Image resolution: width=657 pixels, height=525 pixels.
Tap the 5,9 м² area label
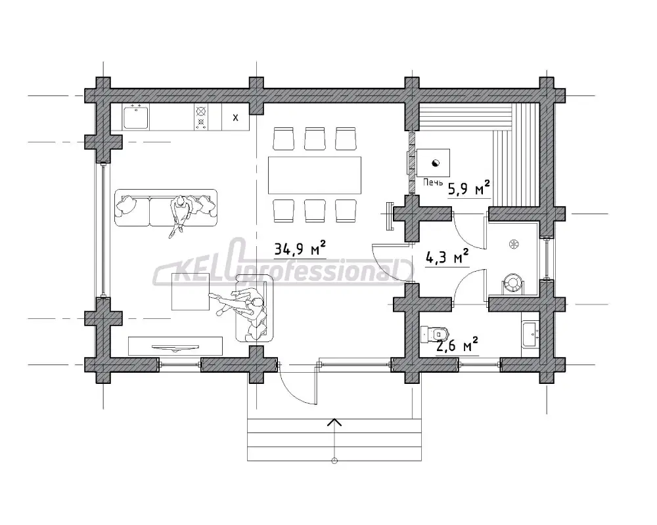(x=469, y=188)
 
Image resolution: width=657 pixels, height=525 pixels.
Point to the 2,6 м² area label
(x=457, y=345)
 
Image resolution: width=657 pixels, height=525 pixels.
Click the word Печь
(x=433, y=182)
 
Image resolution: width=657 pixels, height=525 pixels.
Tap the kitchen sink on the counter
(x=135, y=117)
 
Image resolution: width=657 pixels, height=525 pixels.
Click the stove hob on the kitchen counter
(x=201, y=117)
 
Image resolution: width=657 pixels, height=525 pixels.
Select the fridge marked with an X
(x=235, y=117)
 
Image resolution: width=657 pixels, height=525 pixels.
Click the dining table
(x=315, y=175)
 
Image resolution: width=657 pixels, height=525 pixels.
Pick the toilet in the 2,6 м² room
(x=434, y=333)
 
